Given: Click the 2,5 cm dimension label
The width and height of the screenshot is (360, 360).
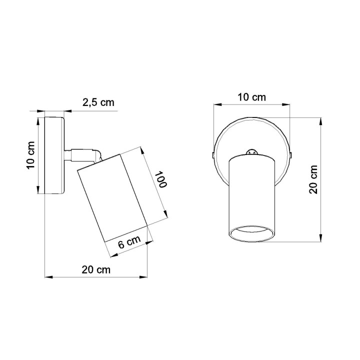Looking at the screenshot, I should (x=98, y=103).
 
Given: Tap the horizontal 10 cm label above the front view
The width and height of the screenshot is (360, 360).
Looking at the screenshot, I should (x=251, y=97).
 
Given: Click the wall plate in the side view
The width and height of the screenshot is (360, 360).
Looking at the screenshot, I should (x=54, y=155).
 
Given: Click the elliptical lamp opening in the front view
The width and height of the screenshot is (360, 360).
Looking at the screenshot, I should (x=252, y=234).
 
